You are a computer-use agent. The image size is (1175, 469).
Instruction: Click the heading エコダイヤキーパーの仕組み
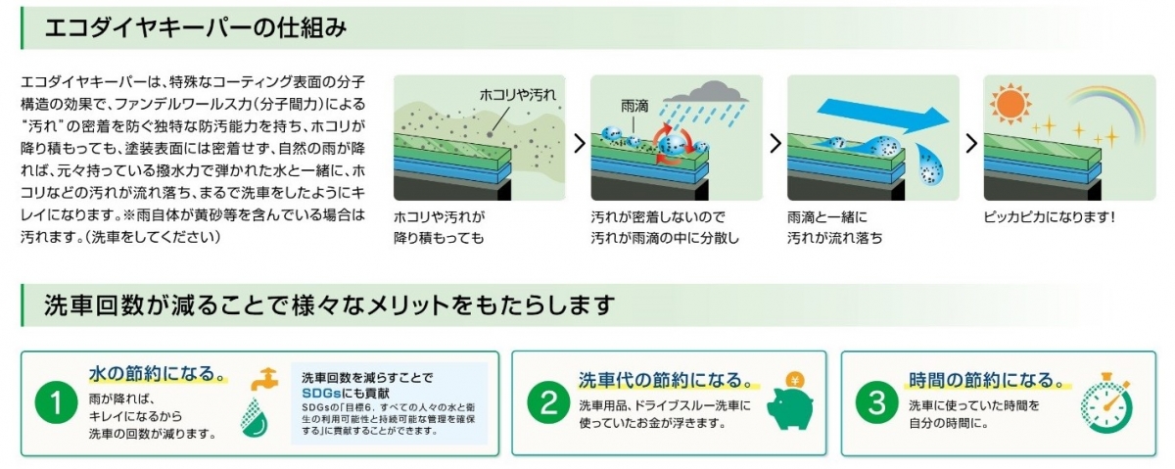coord(196,27)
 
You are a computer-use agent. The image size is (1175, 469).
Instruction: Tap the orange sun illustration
coord(1010,104)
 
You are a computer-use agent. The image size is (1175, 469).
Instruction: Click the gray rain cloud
coord(706,92)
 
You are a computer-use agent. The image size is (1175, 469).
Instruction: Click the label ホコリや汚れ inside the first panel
coord(518,95)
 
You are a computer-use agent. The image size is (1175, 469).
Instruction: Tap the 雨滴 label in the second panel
coord(634,107)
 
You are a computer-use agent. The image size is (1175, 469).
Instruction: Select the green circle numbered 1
coord(56,402)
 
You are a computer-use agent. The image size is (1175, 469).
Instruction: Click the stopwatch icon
coord(1106,403)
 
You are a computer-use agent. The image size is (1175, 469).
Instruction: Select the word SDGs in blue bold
coord(321,394)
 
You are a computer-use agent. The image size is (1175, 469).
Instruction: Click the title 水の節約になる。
coord(158,373)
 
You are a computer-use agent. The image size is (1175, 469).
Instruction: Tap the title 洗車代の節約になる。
coord(668,379)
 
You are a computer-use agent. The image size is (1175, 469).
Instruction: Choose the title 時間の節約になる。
coord(985,379)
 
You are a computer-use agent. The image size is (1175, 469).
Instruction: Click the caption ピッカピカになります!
coord(1049,216)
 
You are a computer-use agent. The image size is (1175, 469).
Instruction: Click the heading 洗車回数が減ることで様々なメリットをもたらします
coord(329,305)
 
